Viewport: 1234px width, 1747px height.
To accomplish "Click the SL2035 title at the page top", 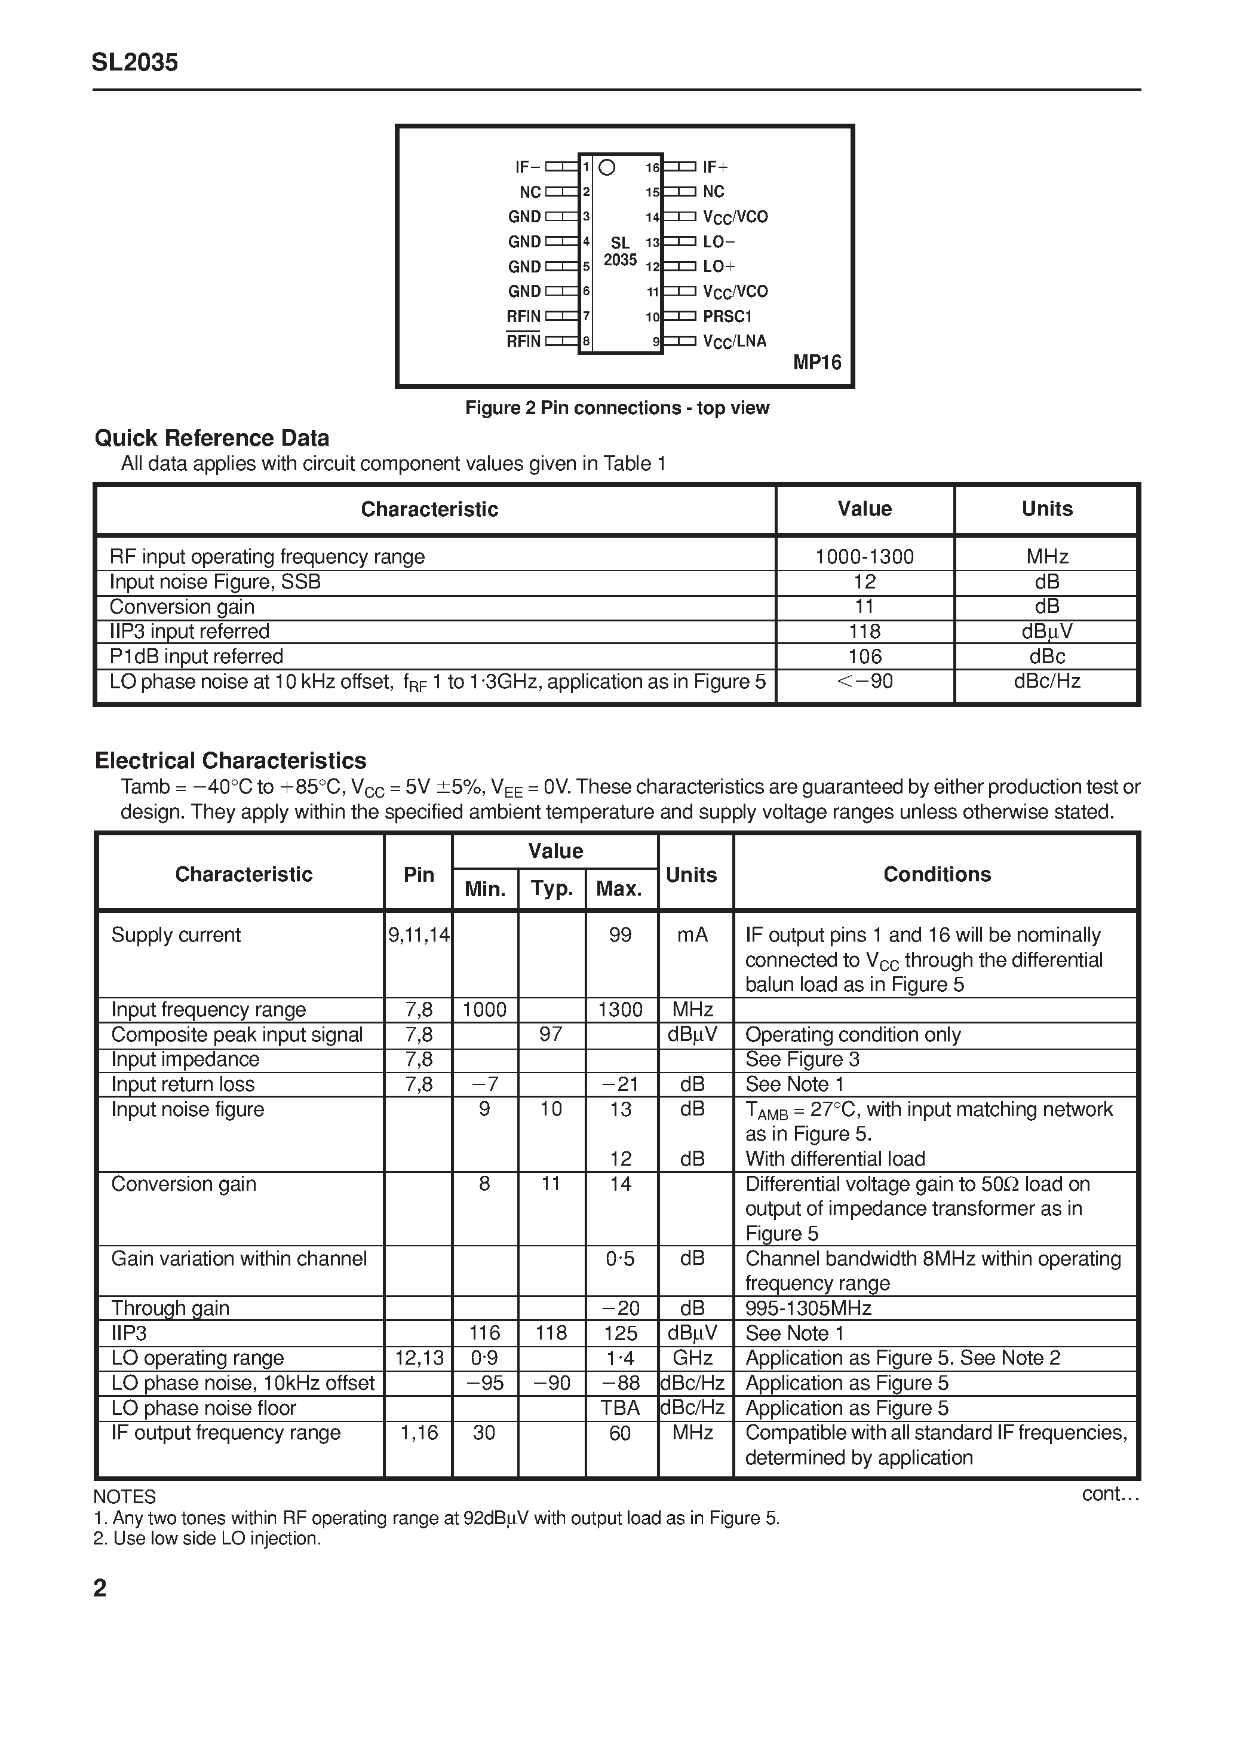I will click(x=134, y=62).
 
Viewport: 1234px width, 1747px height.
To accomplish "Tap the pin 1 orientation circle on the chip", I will click(x=606, y=167).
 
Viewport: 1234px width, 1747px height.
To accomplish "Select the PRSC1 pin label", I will click(x=726, y=316).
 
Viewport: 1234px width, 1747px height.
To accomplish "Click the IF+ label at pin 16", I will click(x=715, y=167).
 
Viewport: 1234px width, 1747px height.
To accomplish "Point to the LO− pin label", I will click(x=718, y=241).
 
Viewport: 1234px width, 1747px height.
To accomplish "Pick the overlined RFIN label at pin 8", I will click(x=523, y=341).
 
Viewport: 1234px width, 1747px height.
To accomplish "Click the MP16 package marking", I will click(x=817, y=362).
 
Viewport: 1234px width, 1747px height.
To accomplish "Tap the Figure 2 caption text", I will click(x=617, y=408).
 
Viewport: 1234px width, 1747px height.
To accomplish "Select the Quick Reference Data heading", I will click(x=211, y=439).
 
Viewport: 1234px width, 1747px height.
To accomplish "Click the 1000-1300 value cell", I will click(x=864, y=556).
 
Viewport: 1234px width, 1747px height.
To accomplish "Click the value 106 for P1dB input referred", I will click(x=864, y=656).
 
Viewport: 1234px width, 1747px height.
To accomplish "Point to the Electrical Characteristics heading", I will click(x=230, y=761).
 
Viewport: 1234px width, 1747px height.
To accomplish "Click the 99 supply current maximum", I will click(x=620, y=934).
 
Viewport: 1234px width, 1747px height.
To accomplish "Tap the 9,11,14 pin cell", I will click(x=419, y=934).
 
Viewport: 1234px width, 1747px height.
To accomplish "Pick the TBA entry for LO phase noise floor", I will click(x=620, y=1408).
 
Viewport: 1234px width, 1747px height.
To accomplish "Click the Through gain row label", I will click(x=170, y=1308).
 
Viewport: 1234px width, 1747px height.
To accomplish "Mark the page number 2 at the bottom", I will click(x=100, y=1589).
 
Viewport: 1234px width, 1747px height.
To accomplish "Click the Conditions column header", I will click(x=937, y=874).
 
